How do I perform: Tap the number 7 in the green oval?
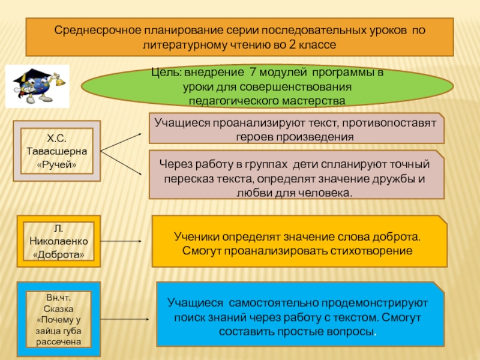click(x=253, y=73)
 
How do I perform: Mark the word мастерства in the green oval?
click(x=313, y=100)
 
